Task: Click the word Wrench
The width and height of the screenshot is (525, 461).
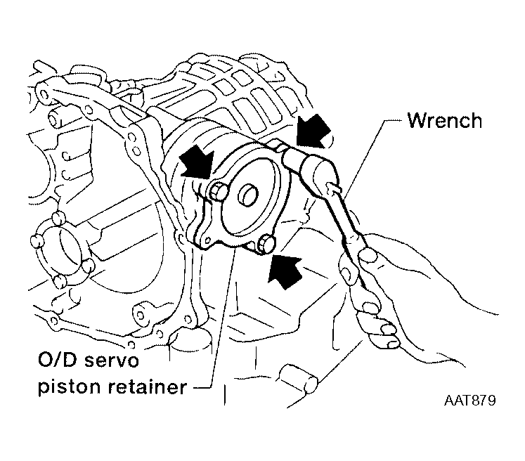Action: tap(445, 121)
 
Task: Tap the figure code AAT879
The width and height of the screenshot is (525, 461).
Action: tap(469, 400)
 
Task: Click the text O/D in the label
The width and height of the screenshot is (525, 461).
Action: tap(58, 361)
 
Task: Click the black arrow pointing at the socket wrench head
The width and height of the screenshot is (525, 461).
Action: tap(313, 131)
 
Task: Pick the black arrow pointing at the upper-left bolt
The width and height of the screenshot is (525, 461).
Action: tap(197, 162)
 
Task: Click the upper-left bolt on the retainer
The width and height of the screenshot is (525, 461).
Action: tap(218, 193)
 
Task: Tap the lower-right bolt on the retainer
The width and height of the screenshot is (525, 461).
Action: tap(266, 245)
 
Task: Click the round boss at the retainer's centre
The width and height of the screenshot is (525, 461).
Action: tap(248, 195)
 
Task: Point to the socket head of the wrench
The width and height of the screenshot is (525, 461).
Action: tap(315, 164)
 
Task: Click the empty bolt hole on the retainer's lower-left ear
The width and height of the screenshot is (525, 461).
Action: tap(208, 240)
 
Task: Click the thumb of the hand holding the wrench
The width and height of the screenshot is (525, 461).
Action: tap(368, 255)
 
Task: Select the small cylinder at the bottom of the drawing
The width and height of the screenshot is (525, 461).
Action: tap(299, 378)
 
